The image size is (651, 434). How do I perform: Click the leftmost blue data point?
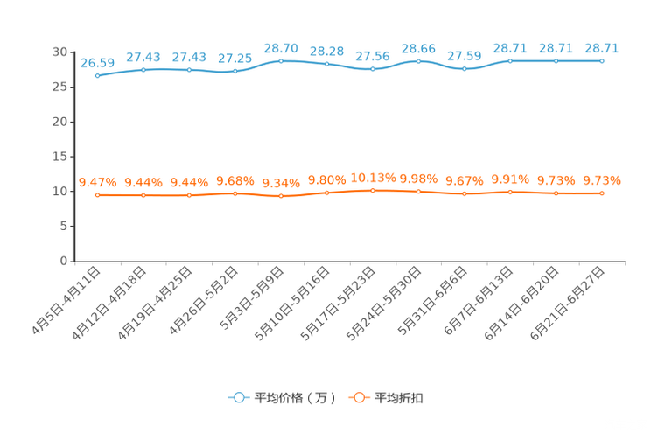(98, 76)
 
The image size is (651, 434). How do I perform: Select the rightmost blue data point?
(602, 61)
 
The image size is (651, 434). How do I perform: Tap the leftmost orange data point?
(98, 194)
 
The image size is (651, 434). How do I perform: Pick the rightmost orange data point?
(602, 192)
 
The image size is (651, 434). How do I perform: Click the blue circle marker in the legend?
(238, 397)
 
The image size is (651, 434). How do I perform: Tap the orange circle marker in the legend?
(358, 397)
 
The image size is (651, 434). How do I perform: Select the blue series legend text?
(294, 398)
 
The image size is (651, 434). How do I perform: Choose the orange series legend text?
(399, 398)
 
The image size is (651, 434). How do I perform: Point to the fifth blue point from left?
(281, 61)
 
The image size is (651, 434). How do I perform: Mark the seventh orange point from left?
(373, 190)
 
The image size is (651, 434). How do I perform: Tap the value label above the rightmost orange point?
(603, 180)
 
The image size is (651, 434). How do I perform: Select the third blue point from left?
(189, 70)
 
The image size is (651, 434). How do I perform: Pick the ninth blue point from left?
(465, 68)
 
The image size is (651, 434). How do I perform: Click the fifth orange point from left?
(281, 196)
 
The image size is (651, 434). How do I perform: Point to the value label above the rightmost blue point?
(602, 48)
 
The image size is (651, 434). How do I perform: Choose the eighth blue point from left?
(419, 61)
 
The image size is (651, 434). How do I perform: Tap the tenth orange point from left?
(510, 191)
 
